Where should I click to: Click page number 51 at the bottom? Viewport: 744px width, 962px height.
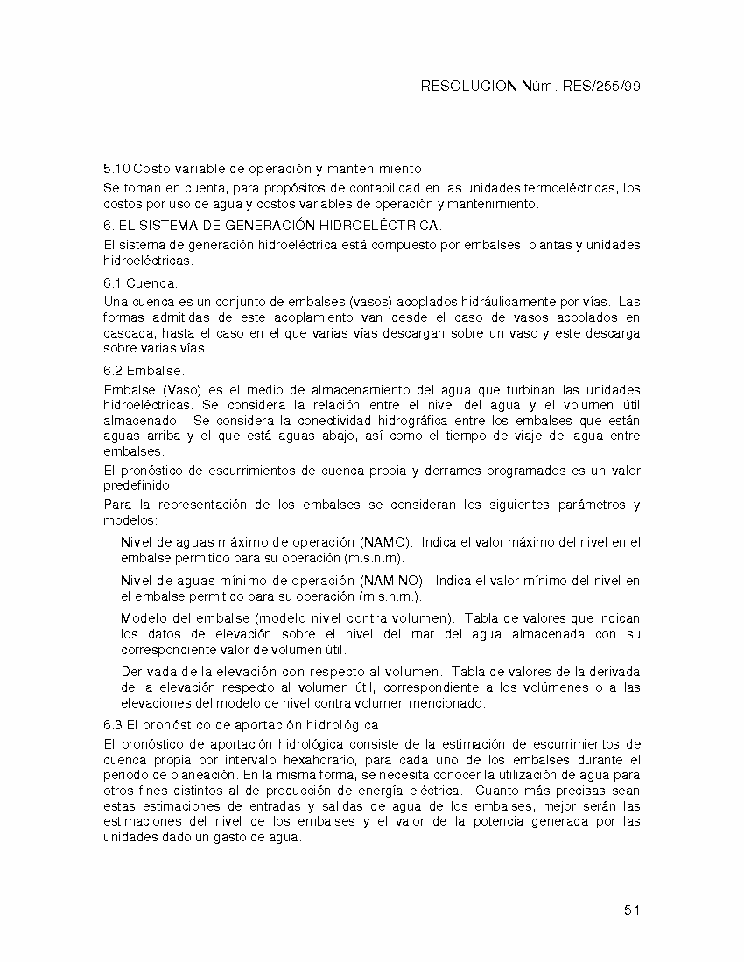(x=633, y=910)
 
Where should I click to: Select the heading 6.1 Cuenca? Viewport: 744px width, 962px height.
(x=140, y=283)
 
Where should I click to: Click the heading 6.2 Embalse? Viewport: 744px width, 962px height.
(x=144, y=371)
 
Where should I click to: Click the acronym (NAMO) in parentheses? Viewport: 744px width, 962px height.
(x=384, y=542)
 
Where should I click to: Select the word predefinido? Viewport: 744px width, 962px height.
(x=138, y=485)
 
